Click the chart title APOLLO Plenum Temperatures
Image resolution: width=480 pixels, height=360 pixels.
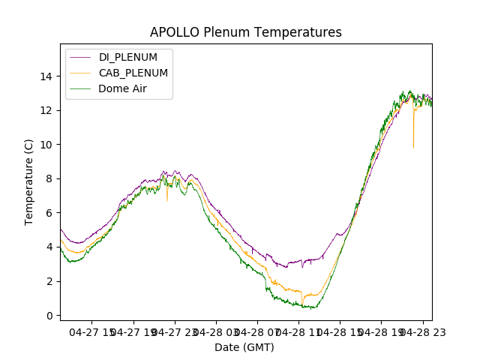[x=245, y=32]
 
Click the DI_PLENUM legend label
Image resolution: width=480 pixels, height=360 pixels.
[x=128, y=57]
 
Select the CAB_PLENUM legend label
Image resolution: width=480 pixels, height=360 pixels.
[x=133, y=73]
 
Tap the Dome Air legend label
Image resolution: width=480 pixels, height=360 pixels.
[x=122, y=88]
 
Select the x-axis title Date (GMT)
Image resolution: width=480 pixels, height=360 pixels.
[x=244, y=347]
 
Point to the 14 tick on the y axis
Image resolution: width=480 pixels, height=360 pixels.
[x=46, y=76]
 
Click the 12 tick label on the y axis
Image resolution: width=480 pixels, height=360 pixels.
[x=46, y=110]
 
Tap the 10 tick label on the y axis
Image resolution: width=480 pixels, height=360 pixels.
[x=46, y=145]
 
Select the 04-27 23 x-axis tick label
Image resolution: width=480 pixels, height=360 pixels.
[x=174, y=331]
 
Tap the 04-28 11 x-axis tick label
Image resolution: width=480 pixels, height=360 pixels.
[x=298, y=331]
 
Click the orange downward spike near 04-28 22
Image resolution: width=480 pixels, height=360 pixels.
[x=413, y=139]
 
